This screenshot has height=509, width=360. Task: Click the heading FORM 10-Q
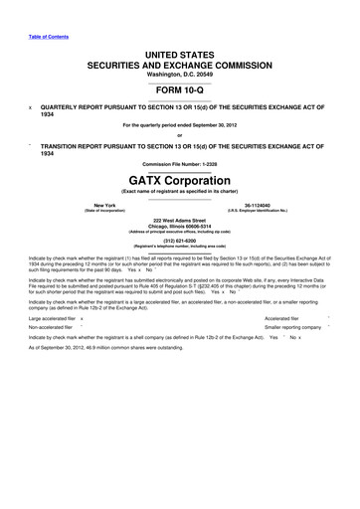(179, 92)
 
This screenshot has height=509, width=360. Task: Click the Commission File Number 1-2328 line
(179, 164)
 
